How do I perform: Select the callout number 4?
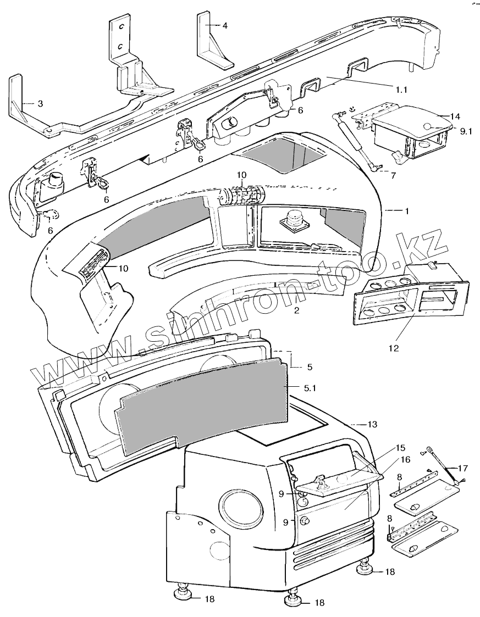click(225, 25)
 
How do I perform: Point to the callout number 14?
click(454, 116)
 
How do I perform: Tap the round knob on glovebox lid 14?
click(429, 127)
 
